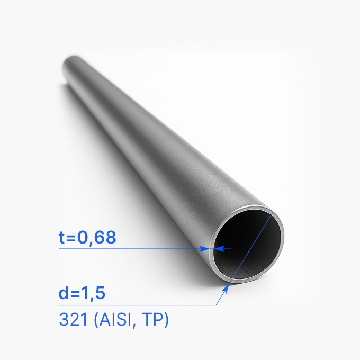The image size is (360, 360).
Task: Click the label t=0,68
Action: click(87, 238)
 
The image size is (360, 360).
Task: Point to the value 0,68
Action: click(97, 238)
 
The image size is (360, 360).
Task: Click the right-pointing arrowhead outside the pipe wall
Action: click(204, 248)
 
